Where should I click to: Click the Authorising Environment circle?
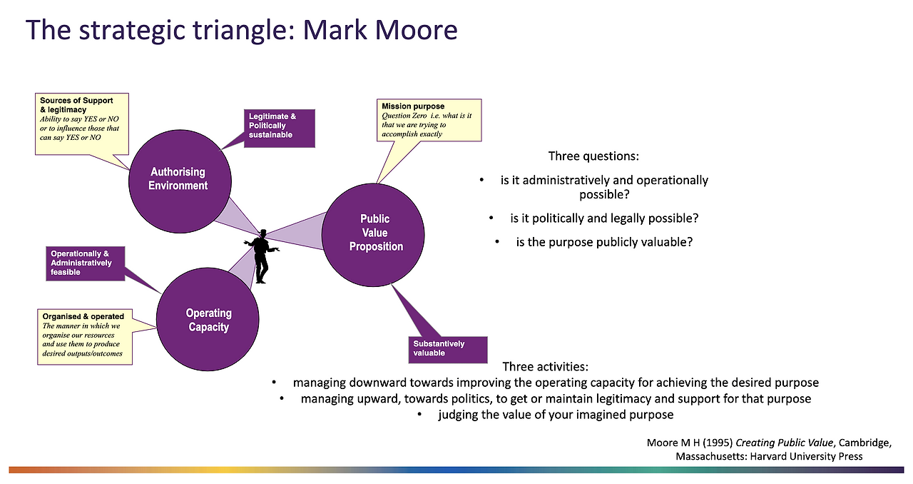point(178,179)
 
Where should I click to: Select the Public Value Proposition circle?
point(373,233)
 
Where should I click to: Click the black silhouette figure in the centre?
point(262,256)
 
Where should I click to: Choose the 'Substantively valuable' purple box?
point(447,349)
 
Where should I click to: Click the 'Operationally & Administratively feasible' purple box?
point(87,263)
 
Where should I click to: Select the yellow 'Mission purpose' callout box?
point(430,119)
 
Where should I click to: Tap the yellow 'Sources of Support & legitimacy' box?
point(82,123)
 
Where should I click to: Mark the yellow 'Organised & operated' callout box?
point(85,336)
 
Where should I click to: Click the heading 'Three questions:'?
point(593,156)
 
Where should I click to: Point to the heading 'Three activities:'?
point(545,366)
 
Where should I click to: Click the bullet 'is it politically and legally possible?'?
point(603,218)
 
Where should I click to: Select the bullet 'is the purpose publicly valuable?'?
point(603,242)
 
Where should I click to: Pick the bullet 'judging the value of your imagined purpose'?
point(555,415)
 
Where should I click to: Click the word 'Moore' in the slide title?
point(416,30)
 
